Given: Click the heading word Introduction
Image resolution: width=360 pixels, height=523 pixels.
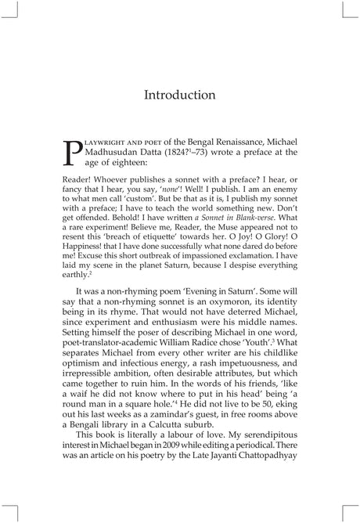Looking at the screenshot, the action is pyautogui.click(x=179, y=96).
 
